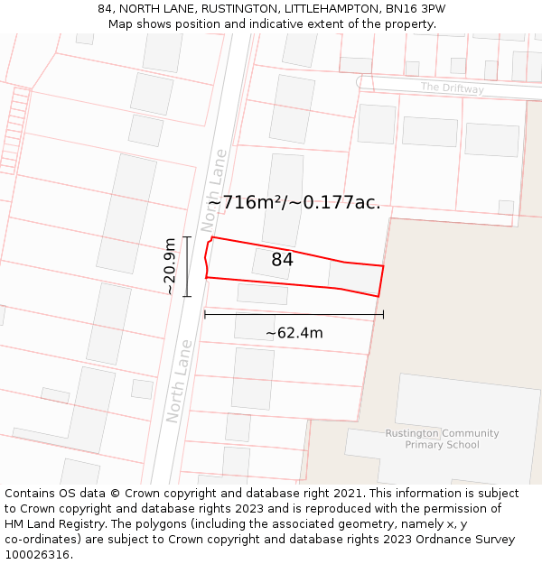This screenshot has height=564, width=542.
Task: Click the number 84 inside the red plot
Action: pos(282,260)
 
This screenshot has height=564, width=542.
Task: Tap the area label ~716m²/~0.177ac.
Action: pos(294,202)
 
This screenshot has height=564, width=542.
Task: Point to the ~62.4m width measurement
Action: pos(294,333)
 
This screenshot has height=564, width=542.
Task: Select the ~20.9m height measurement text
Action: pos(170,266)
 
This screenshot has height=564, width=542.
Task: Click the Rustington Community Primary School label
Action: pos(442,439)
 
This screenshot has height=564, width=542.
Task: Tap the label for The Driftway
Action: pos(452,88)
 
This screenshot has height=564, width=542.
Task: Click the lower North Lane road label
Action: pos(179,381)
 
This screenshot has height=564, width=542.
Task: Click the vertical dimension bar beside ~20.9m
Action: pos(187,266)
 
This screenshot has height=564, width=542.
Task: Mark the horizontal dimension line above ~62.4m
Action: pos(294,315)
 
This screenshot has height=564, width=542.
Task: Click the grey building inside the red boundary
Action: pos(354,278)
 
